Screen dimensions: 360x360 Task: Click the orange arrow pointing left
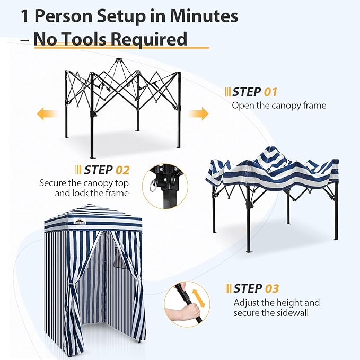click(x=48, y=113)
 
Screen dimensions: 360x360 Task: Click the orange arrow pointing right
click(x=198, y=113)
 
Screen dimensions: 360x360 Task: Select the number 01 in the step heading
click(x=270, y=92)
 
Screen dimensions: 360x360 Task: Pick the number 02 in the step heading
click(x=122, y=170)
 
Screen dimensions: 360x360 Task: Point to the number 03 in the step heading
click(x=272, y=288)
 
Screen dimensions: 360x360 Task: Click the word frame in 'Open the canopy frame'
click(x=314, y=106)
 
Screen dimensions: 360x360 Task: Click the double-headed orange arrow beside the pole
click(x=199, y=298)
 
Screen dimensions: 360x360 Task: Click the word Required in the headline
click(x=149, y=39)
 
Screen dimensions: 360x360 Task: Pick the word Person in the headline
click(x=63, y=16)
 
